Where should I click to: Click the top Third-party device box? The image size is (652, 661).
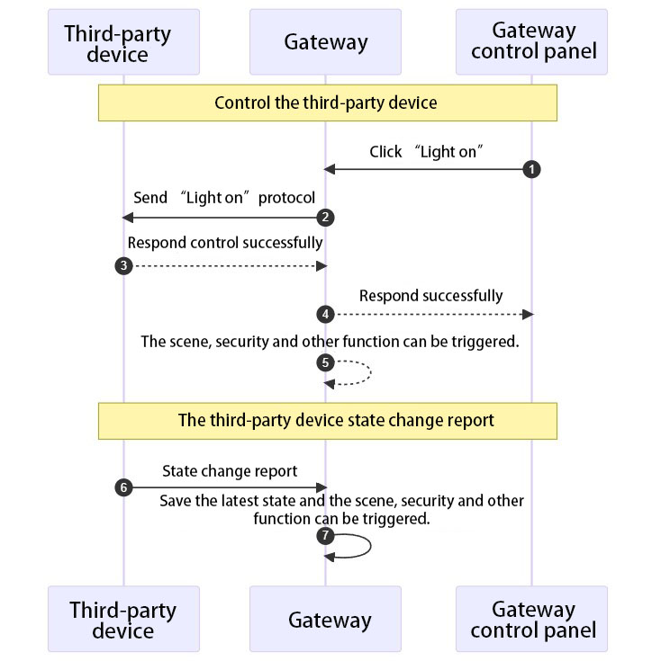tap(123, 43)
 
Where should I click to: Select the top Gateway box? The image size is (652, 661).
tap(325, 43)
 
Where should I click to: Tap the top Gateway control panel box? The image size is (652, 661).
tap(532, 43)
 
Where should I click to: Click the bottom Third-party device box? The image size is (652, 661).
tap(123, 619)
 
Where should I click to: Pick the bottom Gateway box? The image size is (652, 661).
tap(325, 619)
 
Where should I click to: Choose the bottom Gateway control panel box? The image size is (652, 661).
tap(532, 619)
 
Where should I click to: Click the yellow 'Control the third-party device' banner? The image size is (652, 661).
tap(327, 103)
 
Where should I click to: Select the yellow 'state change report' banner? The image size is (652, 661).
tap(327, 420)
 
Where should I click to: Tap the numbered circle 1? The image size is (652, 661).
tap(532, 169)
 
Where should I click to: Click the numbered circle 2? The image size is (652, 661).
tap(326, 218)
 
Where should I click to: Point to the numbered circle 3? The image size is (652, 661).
tap(123, 266)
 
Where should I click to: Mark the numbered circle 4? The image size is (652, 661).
tap(326, 314)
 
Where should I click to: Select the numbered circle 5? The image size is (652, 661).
tap(326, 363)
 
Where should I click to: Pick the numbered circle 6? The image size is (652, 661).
tap(123, 487)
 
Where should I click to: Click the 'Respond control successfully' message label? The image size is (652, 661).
tap(225, 243)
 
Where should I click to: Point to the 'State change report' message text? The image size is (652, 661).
tap(230, 471)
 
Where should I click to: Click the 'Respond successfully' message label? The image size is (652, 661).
tap(430, 296)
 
